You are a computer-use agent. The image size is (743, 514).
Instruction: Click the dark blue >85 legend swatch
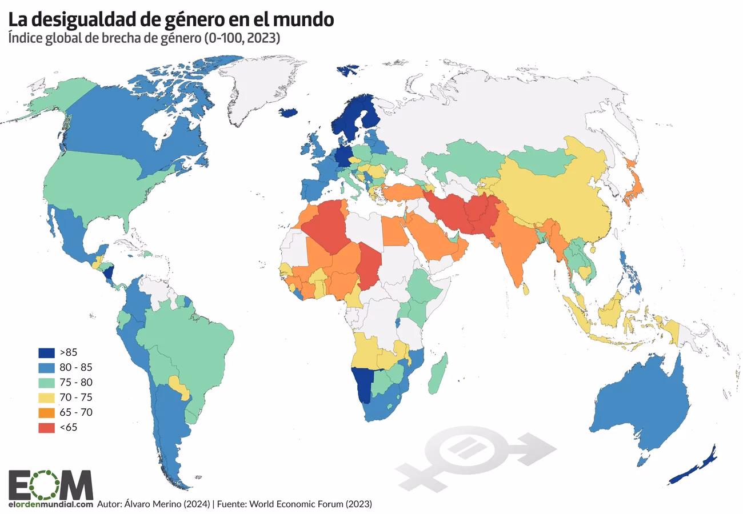pos(46,352)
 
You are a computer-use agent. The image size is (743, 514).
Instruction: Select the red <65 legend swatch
pos(46,427)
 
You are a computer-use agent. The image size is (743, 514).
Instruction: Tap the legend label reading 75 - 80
pos(75,382)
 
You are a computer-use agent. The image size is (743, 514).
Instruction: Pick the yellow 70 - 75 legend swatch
pos(46,397)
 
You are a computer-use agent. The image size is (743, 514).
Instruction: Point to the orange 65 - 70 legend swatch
pos(46,412)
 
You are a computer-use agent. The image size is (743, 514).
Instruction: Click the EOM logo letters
pos(50,484)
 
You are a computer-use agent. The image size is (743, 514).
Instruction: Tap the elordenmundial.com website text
pos(50,504)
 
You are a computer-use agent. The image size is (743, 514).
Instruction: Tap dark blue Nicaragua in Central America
pos(109,273)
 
